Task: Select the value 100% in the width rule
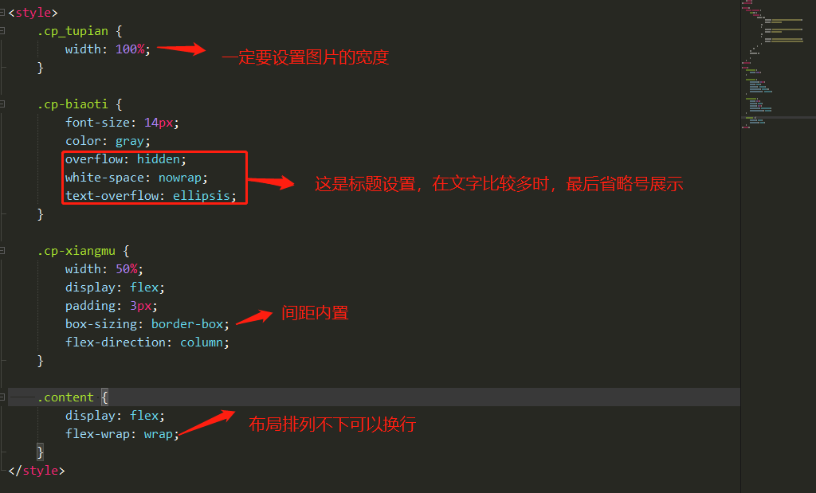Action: click(x=129, y=49)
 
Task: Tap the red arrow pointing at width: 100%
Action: click(x=182, y=49)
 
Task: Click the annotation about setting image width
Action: click(x=305, y=57)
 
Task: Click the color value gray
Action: click(x=129, y=141)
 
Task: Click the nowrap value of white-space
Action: click(x=182, y=178)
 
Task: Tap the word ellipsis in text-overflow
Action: click(x=201, y=196)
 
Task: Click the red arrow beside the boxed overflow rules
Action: click(x=272, y=183)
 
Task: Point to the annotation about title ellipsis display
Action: click(x=499, y=184)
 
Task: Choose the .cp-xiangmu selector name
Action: click(x=79, y=251)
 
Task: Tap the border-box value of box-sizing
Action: click(x=186, y=324)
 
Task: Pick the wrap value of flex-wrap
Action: click(x=158, y=434)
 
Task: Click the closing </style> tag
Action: click(x=36, y=471)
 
